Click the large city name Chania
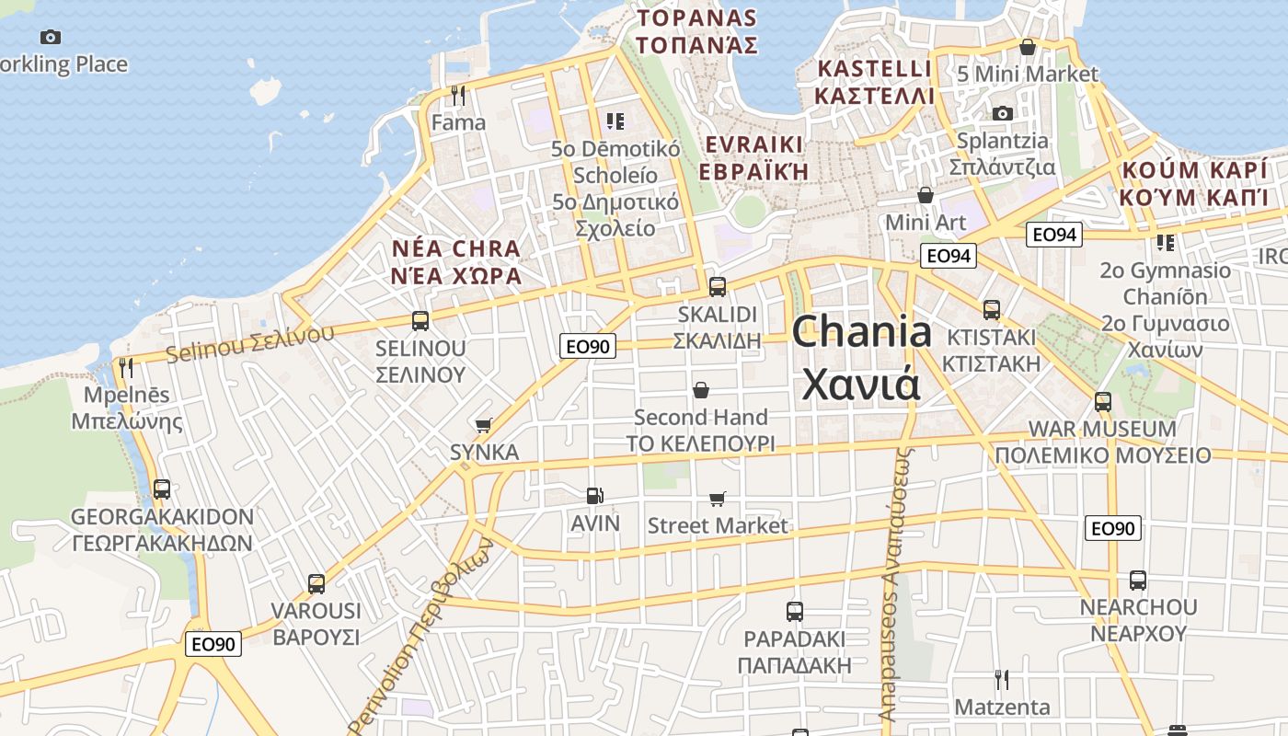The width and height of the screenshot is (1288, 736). (x=861, y=332)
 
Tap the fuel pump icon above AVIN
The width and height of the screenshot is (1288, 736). (x=595, y=496)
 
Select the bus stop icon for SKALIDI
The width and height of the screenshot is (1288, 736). (x=718, y=286)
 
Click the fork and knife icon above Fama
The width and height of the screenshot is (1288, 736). (x=457, y=95)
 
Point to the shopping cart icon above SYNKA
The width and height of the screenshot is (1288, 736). (x=484, y=425)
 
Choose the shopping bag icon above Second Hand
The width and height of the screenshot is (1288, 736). (x=701, y=390)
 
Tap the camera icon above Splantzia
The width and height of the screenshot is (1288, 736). (x=1002, y=113)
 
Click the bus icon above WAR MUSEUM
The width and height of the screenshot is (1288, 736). (x=1102, y=402)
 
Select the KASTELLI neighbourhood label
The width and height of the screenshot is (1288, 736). (x=874, y=69)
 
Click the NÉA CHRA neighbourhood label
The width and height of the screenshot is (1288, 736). (x=456, y=248)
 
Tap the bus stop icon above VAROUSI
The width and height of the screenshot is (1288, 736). (x=316, y=583)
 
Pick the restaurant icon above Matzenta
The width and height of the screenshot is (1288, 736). (x=1002, y=680)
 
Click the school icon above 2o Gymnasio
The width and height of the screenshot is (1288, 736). (x=1166, y=243)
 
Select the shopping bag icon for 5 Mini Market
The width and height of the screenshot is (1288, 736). (x=1028, y=47)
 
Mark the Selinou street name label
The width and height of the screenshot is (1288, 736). (x=249, y=341)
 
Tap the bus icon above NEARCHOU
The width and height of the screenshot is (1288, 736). (x=1138, y=581)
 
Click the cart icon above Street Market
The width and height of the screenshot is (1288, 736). (x=718, y=499)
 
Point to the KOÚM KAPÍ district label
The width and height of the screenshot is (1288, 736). (x=1193, y=170)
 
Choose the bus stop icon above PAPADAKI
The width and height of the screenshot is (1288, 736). (x=795, y=611)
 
